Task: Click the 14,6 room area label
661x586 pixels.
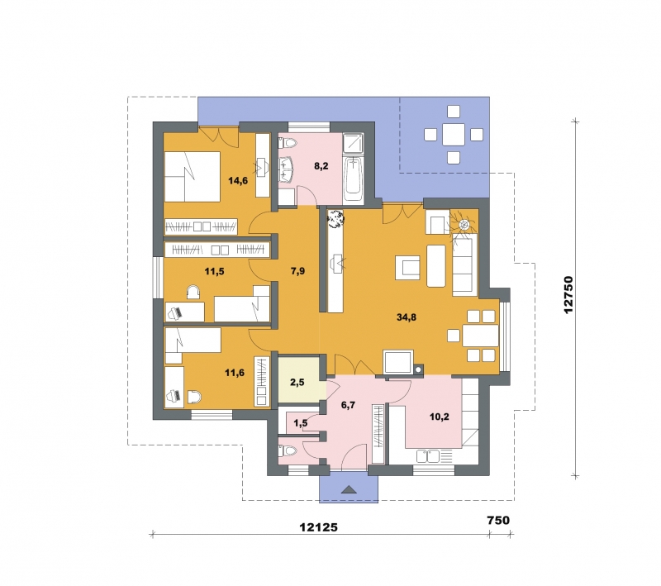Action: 238,181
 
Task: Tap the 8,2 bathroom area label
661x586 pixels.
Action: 321,165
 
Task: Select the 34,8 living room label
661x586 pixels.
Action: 407,317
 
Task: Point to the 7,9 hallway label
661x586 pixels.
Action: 297,271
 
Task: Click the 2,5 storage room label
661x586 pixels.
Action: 297,383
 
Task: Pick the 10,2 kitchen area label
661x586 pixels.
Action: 440,417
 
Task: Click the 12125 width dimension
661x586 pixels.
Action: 318,527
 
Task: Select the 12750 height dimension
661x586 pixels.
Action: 568,295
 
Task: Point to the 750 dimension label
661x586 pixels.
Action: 498,520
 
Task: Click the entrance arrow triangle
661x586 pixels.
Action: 348,489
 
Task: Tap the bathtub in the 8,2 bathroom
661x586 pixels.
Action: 354,179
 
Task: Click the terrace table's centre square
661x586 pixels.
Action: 454,135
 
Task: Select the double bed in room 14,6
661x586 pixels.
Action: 193,177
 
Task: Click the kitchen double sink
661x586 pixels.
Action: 427,456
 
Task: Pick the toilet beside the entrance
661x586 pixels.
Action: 288,450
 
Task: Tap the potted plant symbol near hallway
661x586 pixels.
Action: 336,219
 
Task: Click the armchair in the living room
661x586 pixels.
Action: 407,268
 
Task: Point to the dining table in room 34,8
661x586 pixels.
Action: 481,336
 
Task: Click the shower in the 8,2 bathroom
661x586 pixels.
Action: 354,143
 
